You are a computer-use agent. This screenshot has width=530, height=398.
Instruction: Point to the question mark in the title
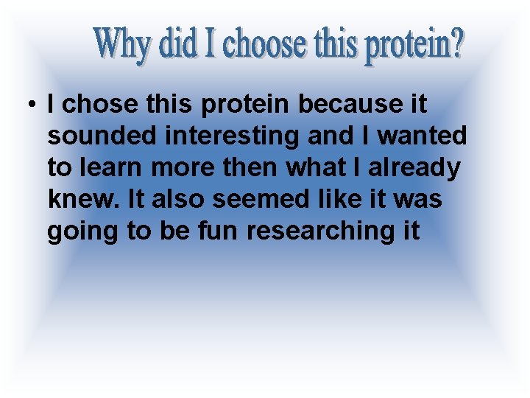(457, 45)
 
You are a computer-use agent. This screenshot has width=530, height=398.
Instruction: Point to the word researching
(322, 231)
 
